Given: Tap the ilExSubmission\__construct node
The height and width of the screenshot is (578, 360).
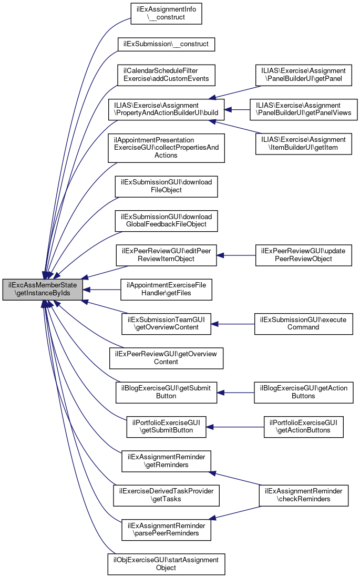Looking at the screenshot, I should click(167, 44).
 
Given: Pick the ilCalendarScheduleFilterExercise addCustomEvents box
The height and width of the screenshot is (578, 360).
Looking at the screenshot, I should click(166, 74).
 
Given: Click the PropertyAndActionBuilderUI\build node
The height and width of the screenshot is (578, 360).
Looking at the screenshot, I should click(166, 109).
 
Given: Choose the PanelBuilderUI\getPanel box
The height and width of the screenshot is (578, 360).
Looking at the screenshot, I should click(303, 75).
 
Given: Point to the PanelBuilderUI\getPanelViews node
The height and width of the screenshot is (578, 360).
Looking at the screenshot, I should click(303, 109).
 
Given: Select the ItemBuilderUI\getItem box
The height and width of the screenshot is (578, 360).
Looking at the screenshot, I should click(303, 144).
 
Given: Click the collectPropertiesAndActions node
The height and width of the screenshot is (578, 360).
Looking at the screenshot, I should click(166, 148).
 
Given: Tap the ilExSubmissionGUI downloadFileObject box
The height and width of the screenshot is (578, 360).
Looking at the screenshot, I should click(167, 186).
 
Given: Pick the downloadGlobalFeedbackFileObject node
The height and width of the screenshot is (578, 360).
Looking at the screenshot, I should click(167, 221).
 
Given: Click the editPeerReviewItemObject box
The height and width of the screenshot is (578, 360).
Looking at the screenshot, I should click(167, 255).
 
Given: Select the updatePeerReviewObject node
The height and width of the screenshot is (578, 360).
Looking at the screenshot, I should click(303, 255).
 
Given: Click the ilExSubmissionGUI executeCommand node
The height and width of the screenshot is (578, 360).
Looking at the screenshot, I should click(303, 323).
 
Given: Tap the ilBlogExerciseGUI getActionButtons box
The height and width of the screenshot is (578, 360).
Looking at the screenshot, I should click(303, 392).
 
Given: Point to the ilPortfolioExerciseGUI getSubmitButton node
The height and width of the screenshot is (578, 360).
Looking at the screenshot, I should click(167, 426).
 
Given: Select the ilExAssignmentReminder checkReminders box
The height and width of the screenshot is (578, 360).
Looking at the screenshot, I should click(303, 495).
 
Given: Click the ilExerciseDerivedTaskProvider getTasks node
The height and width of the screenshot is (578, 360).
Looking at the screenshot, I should click(167, 495).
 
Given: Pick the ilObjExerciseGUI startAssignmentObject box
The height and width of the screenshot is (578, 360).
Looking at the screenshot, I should click(167, 564).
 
